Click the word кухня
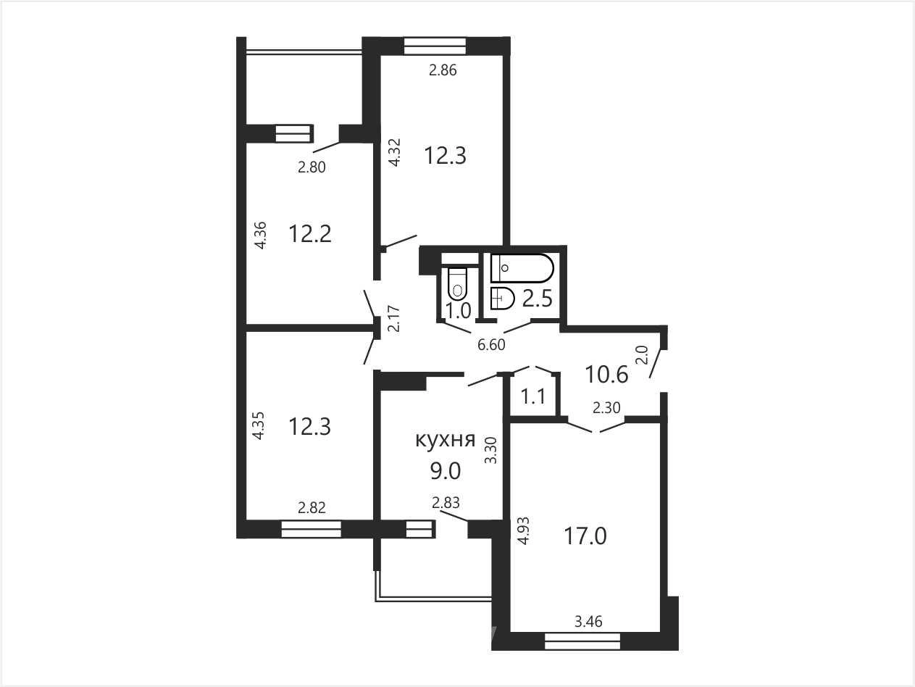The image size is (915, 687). click(446, 440)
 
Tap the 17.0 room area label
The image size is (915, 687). click(585, 536)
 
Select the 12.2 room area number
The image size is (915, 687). click(310, 233)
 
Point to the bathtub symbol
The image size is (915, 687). click(522, 267)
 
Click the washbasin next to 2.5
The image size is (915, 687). click(502, 298)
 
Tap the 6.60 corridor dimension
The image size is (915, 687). click(491, 345)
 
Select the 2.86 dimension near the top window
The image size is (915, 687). click(443, 70)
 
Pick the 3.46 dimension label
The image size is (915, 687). click(588, 622)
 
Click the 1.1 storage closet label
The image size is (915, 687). click(533, 396)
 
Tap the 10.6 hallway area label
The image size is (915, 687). click(606, 374)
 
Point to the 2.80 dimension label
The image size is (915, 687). click(312, 167)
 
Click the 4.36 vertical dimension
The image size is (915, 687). click(261, 236)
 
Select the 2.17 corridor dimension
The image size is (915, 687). click(393, 319)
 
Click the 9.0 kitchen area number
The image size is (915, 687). click(446, 471)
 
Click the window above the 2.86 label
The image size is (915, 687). click(435, 46)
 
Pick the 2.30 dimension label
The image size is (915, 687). click(606, 407)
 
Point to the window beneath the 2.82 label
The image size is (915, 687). click(311, 528)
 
